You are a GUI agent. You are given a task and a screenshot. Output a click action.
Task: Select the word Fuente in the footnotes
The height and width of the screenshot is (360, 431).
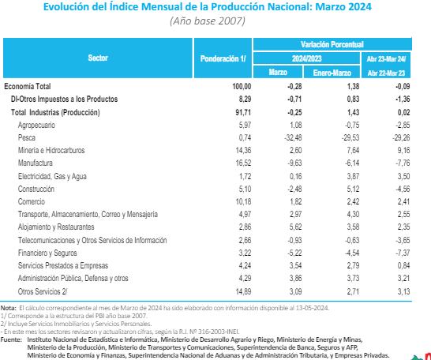click(12, 317)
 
